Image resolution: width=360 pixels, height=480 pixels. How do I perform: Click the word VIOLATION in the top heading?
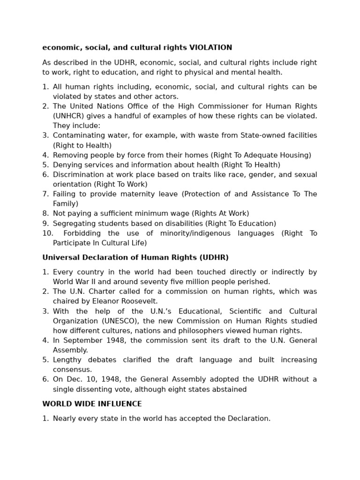tap(210, 47)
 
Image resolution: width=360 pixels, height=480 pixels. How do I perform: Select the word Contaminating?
tap(77, 135)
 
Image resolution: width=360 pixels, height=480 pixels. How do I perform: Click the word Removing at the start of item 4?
tap(68, 155)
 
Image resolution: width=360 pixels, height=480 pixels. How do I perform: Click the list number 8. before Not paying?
tap(45, 214)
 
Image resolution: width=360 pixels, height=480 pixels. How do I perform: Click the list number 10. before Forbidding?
tap(47, 233)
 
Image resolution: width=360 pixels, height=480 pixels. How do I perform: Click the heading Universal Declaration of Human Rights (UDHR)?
tap(135, 257)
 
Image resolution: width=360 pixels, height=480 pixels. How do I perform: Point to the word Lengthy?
tap(67, 360)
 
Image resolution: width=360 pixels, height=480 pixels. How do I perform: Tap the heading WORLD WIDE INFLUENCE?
tap(92, 404)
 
